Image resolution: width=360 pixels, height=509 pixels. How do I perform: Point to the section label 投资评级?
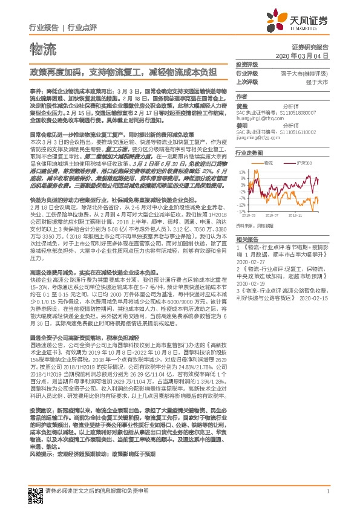pos(247,64)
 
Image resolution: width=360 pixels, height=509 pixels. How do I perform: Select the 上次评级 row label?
pos(247,81)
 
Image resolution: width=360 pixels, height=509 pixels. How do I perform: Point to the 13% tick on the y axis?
pos(242,172)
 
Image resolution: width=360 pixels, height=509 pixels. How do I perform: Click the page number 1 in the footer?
pos(327,490)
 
